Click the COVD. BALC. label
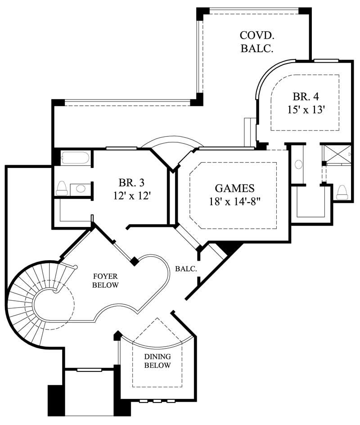[257, 42]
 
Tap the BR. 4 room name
[306, 96]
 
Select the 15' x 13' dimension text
[306, 109]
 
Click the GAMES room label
[234, 188]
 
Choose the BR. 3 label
[131, 183]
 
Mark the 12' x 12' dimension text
[131, 196]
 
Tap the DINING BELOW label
[157, 361]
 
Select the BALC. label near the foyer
[186, 269]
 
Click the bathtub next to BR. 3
[75, 158]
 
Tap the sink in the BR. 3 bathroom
[81, 188]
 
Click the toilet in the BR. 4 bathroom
[342, 192]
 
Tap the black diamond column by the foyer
[134, 261]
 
